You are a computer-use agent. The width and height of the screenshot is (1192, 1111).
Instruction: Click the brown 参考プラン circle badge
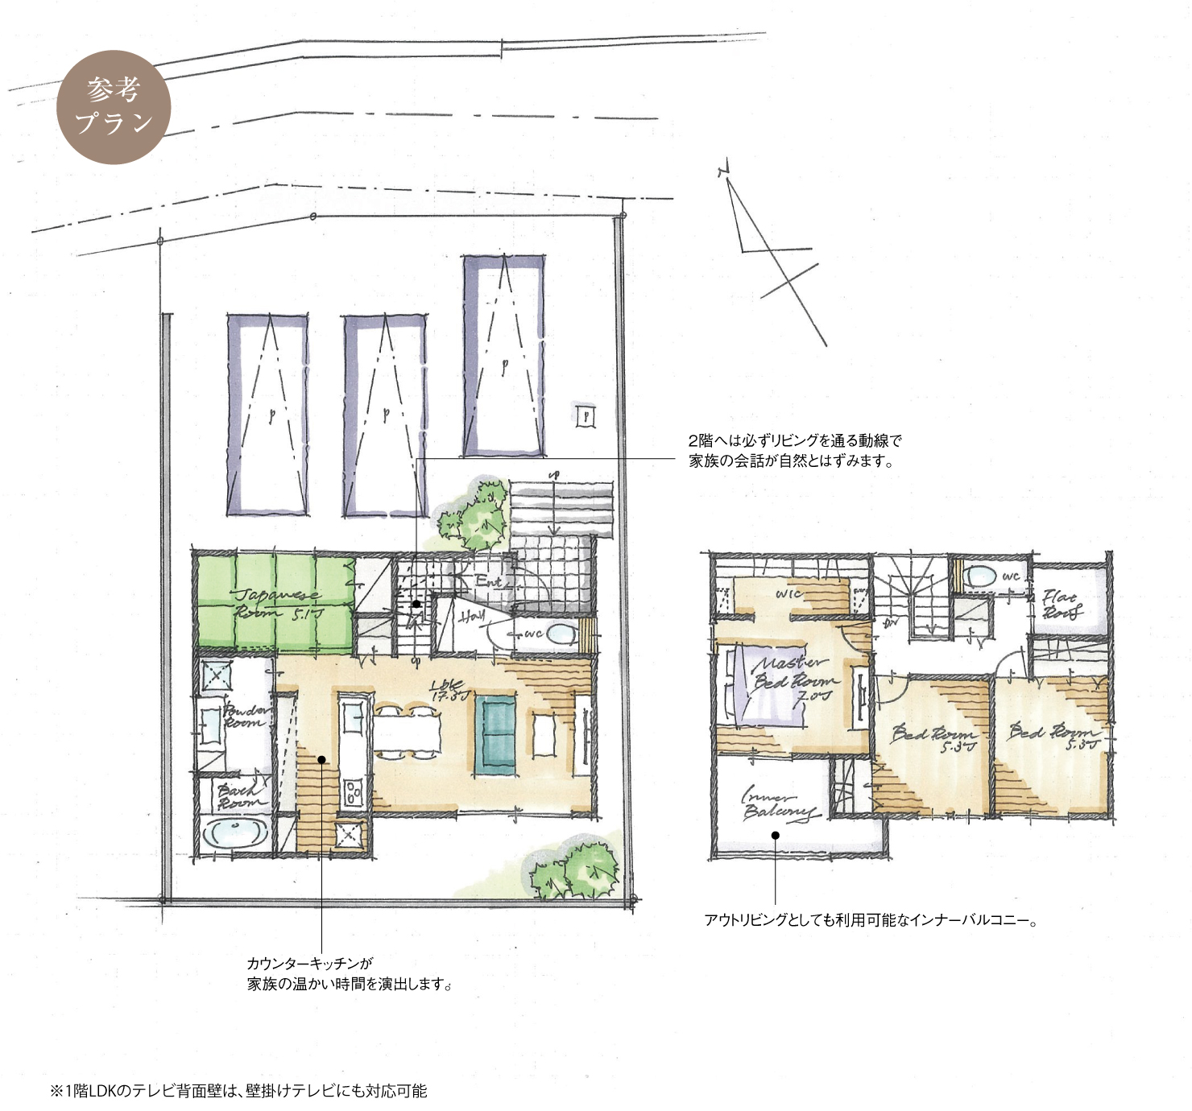[114, 107]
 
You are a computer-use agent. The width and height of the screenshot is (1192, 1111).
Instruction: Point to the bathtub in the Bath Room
[234, 834]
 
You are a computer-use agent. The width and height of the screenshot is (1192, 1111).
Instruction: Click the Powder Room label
[246, 716]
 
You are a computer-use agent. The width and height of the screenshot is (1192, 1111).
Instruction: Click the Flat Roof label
[1062, 604]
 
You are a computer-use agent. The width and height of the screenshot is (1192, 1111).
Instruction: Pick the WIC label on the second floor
[788, 593]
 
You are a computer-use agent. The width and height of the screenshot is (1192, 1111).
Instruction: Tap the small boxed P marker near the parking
[586, 415]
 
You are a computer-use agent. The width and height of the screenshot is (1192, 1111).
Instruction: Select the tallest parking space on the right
[503, 356]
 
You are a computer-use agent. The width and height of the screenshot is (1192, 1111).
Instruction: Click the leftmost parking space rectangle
[267, 415]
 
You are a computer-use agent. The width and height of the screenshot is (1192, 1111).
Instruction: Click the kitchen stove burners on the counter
[354, 792]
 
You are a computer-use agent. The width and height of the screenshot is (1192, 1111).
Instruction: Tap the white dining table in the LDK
[407, 733]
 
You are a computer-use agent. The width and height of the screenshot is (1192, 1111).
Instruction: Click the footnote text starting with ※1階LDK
[238, 1091]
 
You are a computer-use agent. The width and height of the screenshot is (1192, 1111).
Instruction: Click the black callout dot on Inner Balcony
[775, 835]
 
